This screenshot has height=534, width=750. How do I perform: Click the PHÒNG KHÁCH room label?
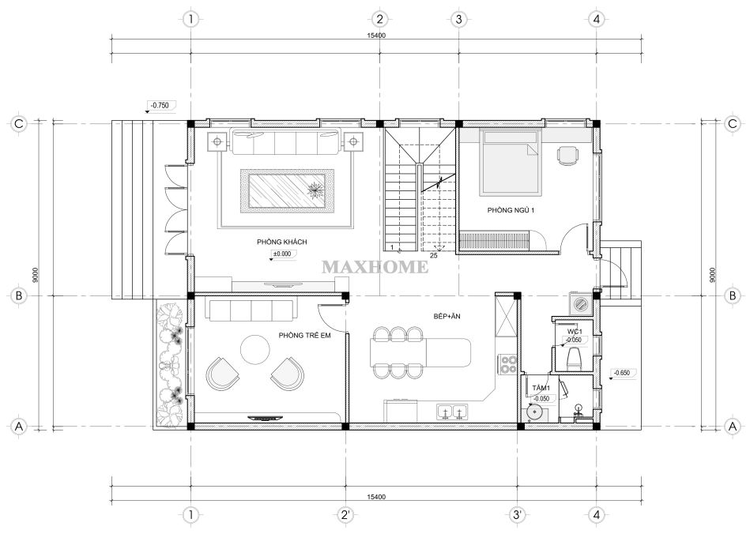click(x=281, y=242)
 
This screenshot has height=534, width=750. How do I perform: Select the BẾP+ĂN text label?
click(x=447, y=316)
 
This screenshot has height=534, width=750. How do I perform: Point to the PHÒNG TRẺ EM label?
click(x=305, y=335)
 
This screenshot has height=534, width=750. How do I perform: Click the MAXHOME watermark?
click(x=375, y=267)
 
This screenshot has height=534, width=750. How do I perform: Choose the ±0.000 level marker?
click(x=282, y=254)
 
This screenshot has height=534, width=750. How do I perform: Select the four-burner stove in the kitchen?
click(x=507, y=364)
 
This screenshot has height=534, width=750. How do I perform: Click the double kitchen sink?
click(x=452, y=412)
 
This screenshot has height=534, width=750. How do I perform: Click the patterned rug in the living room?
click(x=287, y=190)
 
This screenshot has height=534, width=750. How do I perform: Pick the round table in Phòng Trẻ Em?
click(x=255, y=350)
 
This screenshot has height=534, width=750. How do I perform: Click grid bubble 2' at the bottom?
click(x=345, y=515)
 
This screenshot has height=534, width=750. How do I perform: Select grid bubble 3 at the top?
click(x=458, y=20)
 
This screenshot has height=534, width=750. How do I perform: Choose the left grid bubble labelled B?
click(x=19, y=295)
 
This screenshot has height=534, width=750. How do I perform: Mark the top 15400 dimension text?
click(x=376, y=36)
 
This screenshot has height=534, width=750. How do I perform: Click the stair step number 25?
click(x=433, y=256)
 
